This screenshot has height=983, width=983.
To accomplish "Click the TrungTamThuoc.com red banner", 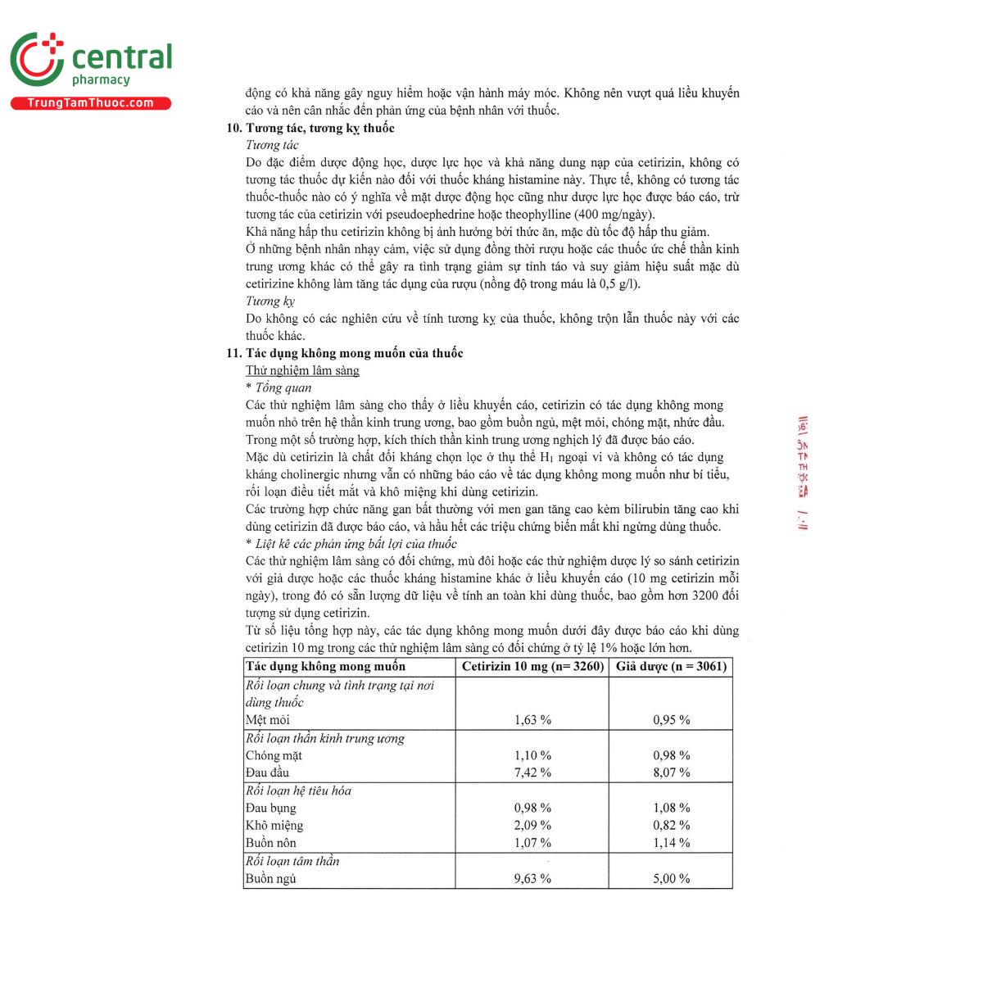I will tap(91, 103).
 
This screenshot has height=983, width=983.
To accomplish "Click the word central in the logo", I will tap(122, 57).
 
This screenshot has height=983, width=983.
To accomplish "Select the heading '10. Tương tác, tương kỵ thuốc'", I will tap(310, 128).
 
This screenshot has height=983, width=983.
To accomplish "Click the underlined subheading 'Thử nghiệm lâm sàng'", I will tap(302, 370).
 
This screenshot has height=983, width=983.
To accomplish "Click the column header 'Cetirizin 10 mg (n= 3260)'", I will tap(532, 666).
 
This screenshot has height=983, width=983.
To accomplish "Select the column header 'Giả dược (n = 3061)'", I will tap(671, 666).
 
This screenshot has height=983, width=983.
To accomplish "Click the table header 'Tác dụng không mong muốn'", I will tap(326, 666).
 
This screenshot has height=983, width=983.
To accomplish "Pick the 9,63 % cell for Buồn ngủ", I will tap(532, 878).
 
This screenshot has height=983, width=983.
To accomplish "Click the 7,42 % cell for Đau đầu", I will tap(532, 772).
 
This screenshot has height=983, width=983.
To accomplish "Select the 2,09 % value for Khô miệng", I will tap(532, 825).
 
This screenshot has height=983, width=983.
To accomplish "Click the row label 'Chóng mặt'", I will tap(274, 755).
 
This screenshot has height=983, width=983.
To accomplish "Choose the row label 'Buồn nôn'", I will tap(271, 843).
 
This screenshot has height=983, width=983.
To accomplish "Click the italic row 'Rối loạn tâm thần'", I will tap(292, 861).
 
